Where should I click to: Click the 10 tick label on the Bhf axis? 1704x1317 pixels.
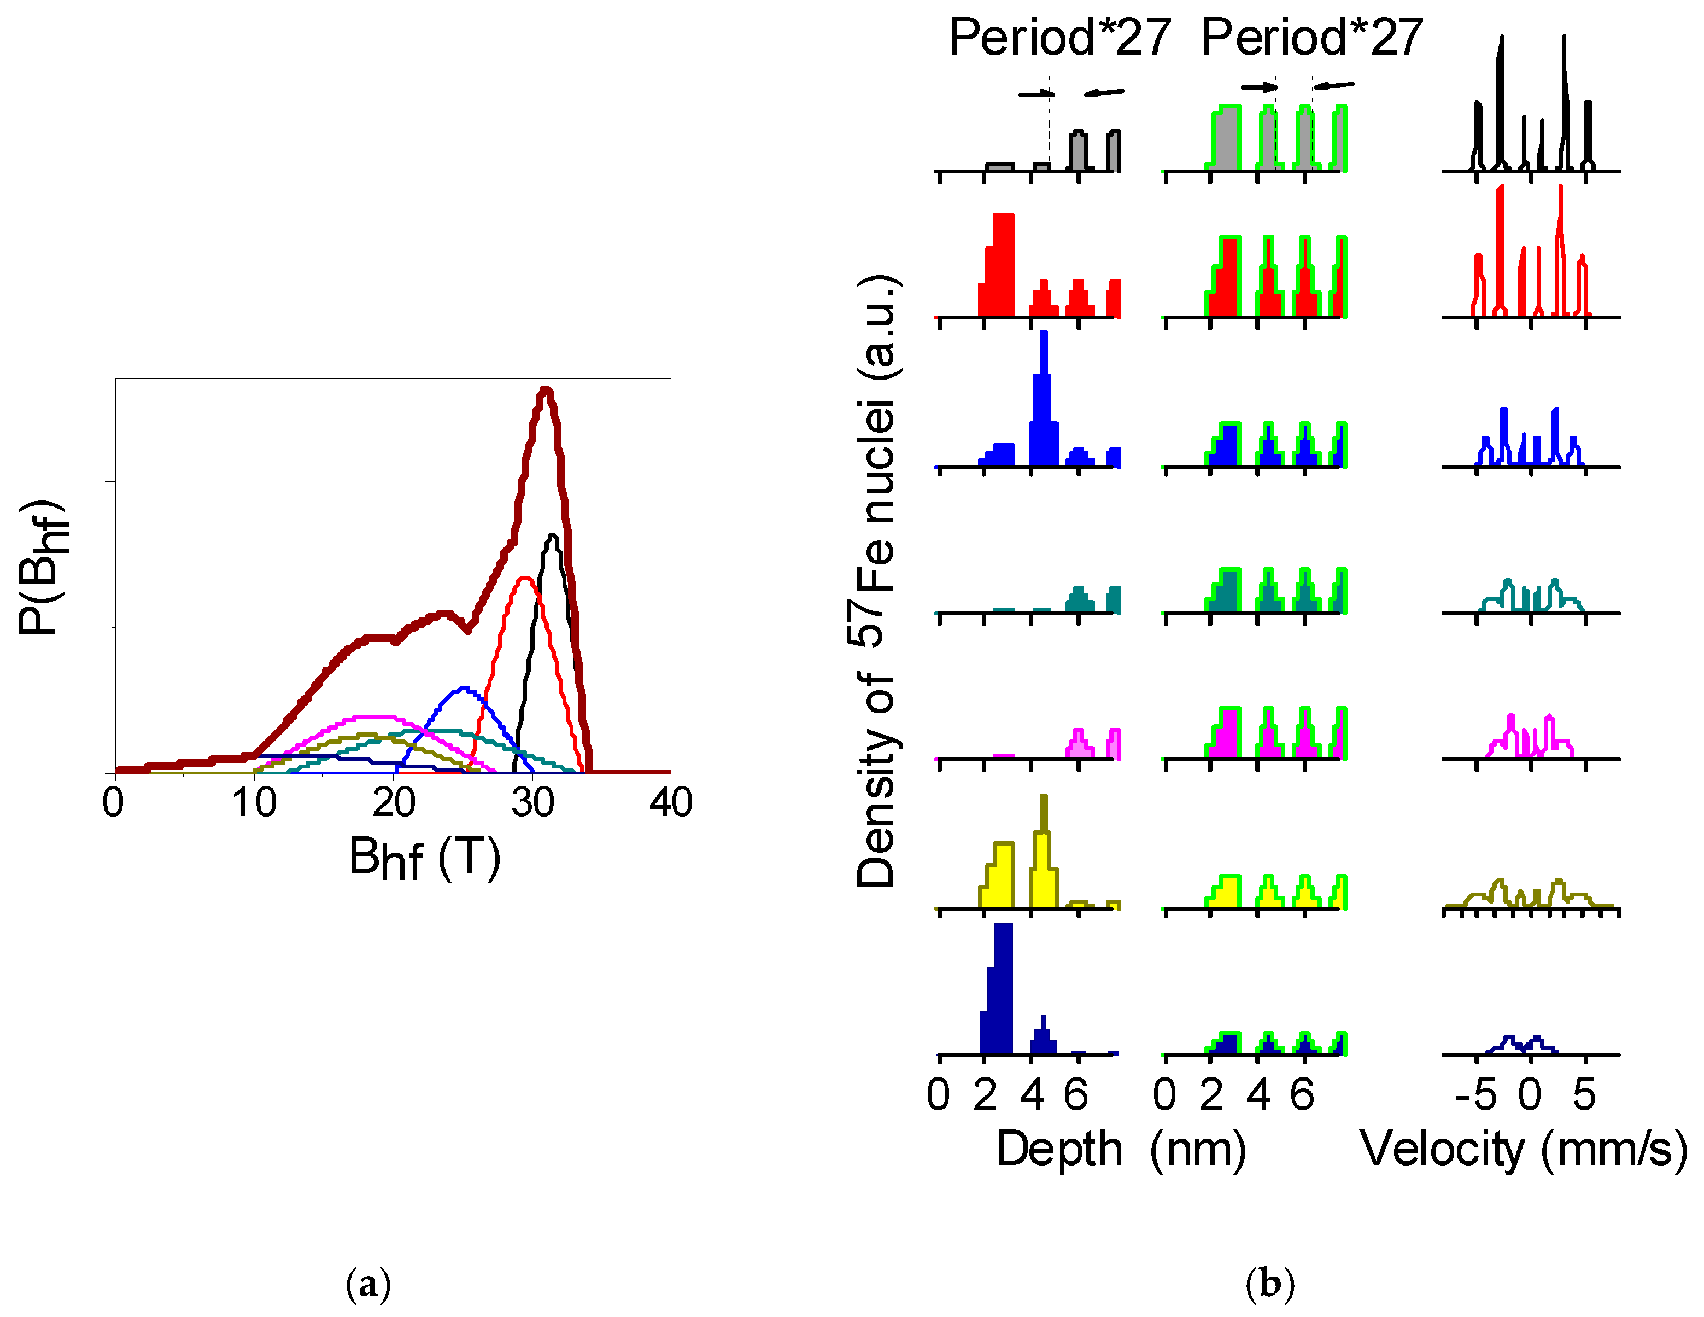click(254, 802)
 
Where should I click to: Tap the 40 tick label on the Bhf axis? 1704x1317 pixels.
click(671, 802)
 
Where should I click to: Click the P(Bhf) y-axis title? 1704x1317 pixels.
click(43, 567)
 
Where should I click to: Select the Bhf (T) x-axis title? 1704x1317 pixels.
click(424, 858)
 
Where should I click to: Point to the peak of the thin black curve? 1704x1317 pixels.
click(552, 537)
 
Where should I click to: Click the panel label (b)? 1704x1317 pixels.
click(1270, 1284)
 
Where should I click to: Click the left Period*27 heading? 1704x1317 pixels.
click(1059, 38)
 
